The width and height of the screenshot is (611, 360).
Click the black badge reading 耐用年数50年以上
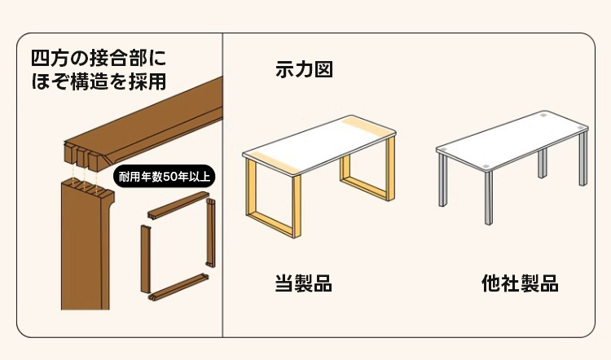(x=164, y=177)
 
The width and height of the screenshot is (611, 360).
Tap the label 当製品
(x=304, y=283)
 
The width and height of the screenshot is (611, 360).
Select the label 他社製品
(x=520, y=283)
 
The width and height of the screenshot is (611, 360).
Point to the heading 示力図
(x=304, y=69)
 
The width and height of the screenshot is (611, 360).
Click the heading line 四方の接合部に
(x=99, y=59)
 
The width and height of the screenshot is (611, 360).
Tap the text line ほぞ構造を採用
(x=99, y=81)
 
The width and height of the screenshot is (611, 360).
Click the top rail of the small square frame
(x=178, y=204)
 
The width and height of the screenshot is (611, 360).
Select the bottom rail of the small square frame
(x=178, y=288)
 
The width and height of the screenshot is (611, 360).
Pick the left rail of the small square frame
(x=146, y=259)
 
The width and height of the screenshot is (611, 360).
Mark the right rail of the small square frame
(x=211, y=233)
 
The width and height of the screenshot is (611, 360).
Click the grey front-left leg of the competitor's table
(x=488, y=198)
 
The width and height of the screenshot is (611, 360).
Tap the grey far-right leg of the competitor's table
(x=583, y=158)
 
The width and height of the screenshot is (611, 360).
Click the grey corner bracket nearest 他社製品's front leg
(x=486, y=166)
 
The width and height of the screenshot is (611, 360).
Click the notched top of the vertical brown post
(x=88, y=187)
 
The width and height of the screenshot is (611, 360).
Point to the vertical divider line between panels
(x=222, y=185)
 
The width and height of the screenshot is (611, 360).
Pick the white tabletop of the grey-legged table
(x=512, y=141)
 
